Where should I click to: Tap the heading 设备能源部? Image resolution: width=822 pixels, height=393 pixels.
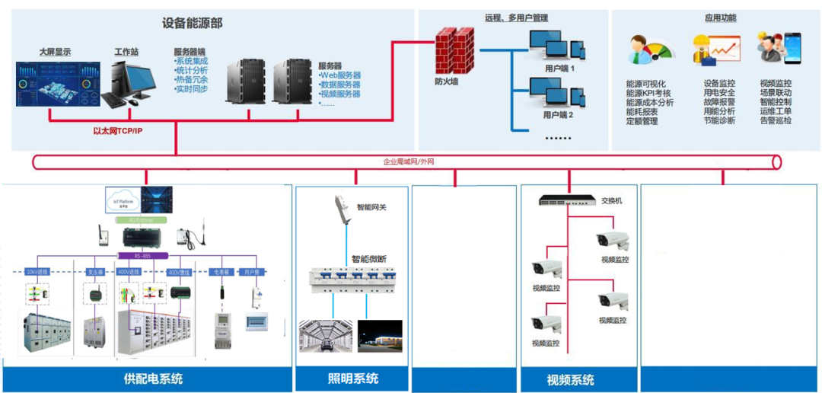(x=192, y=24)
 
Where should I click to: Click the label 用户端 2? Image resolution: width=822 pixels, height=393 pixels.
(x=558, y=116)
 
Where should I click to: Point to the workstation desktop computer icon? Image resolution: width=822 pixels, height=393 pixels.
(x=127, y=83)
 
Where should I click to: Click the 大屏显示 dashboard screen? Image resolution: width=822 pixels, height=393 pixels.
(x=57, y=84)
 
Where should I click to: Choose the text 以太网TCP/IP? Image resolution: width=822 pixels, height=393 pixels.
(x=117, y=131)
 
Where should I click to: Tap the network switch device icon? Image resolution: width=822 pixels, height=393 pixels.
(x=568, y=200)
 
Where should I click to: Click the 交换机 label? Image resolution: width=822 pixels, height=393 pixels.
(x=612, y=200)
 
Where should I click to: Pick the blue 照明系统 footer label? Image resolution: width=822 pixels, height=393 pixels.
(x=352, y=378)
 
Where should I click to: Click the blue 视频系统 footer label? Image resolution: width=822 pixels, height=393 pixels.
(x=570, y=379)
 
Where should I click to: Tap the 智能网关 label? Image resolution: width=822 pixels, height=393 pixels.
(x=372, y=206)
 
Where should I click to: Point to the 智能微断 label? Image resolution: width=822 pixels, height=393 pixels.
(x=368, y=259)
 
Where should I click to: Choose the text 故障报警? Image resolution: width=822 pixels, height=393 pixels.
(x=719, y=102)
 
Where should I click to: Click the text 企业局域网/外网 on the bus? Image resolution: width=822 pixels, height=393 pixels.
(x=409, y=161)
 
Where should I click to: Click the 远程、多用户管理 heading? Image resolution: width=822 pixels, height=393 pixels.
(x=516, y=18)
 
